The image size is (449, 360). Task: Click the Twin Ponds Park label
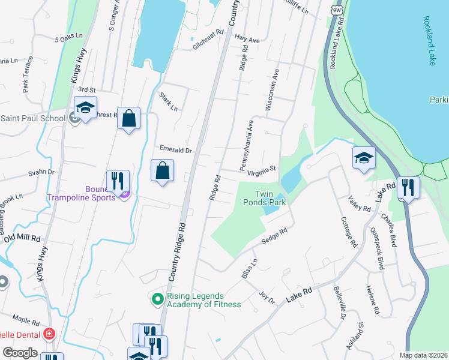[270, 198]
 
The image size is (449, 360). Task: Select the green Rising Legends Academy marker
[157, 298]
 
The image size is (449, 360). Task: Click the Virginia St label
[261, 170]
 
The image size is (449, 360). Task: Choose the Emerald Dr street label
[175, 149]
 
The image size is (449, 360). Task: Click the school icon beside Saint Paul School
[85, 108]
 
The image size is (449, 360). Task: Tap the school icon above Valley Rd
[364, 158]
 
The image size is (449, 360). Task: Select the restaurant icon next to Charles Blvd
[408, 187]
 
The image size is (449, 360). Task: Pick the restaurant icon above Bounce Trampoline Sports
[118, 181]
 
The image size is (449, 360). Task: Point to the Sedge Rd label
[274, 235]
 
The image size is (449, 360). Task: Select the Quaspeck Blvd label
[376, 247]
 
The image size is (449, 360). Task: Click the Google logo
[20, 353]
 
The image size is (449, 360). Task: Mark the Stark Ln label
[169, 102]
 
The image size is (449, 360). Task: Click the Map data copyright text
[423, 355]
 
